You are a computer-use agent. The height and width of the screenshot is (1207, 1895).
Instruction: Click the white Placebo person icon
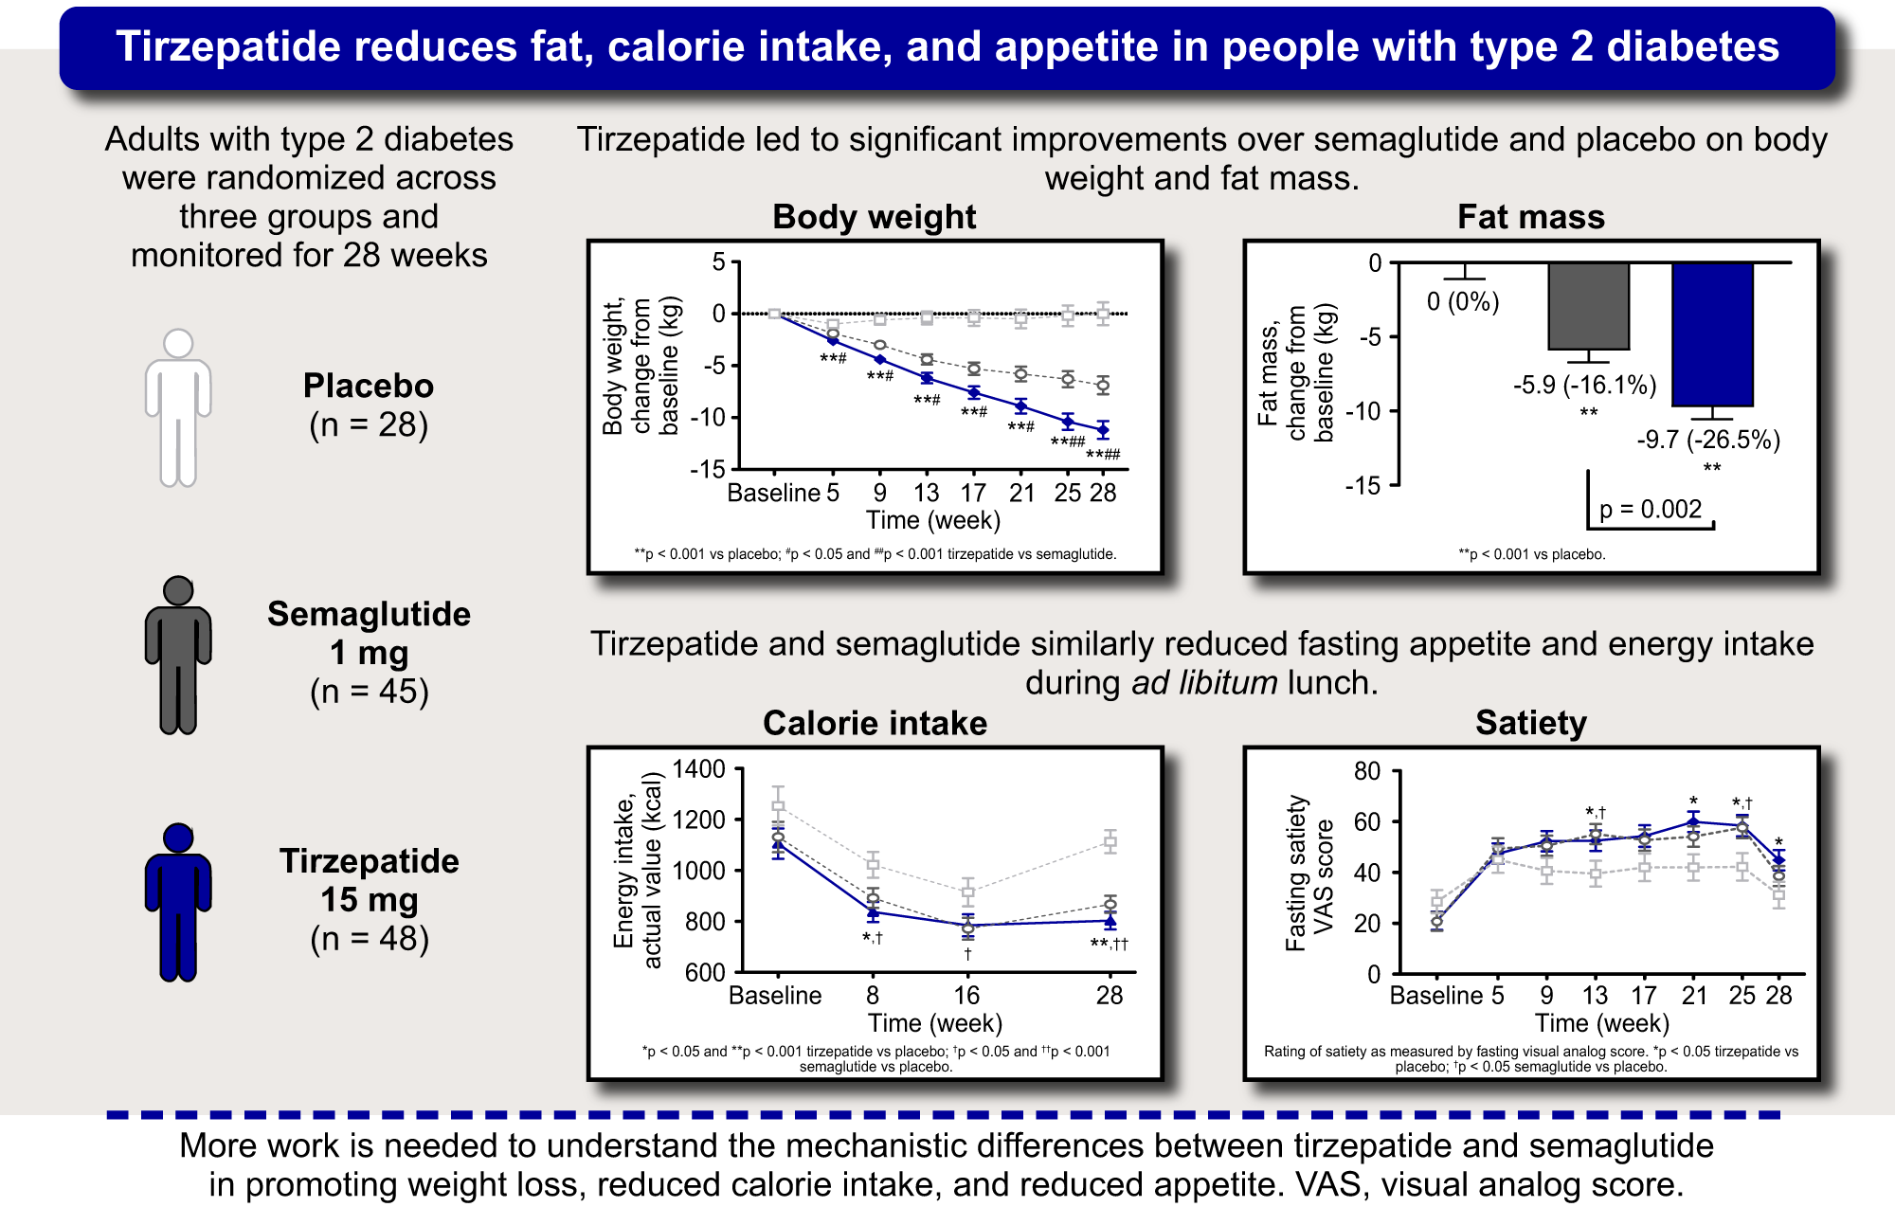click(x=178, y=407)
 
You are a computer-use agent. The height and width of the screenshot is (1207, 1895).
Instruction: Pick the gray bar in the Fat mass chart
click(x=1589, y=305)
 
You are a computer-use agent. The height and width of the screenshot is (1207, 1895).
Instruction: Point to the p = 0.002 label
click(x=1651, y=510)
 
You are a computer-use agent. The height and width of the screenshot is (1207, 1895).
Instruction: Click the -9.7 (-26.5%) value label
click(x=1708, y=440)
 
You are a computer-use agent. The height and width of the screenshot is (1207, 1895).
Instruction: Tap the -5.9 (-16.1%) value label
click(x=1584, y=385)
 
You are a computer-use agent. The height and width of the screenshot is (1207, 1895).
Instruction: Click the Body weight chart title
click(x=874, y=217)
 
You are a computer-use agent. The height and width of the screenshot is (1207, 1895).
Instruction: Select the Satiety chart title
click(x=1530, y=723)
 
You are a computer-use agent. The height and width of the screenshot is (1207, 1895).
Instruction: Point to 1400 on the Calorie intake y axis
click(x=698, y=769)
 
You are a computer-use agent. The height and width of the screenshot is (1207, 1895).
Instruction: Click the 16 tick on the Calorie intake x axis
click(x=966, y=996)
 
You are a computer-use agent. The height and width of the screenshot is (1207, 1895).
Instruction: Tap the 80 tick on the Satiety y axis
click(x=1366, y=771)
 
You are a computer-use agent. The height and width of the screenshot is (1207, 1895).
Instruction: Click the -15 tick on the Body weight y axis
click(x=707, y=470)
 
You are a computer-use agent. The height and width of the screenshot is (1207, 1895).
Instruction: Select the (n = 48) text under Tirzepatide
click(x=370, y=939)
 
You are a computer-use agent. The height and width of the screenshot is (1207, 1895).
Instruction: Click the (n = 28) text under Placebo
click(x=369, y=424)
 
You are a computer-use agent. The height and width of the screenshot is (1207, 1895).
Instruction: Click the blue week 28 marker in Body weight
click(x=1103, y=430)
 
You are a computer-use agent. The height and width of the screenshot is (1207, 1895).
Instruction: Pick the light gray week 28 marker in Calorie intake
click(x=1110, y=841)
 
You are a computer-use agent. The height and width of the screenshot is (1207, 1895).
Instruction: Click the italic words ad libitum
click(x=1204, y=683)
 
